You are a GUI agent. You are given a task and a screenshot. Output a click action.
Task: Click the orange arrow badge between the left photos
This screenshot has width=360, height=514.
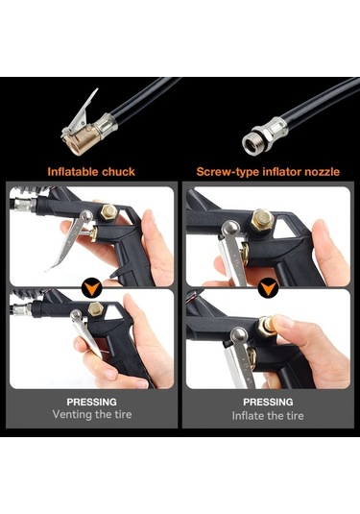coord(92,285)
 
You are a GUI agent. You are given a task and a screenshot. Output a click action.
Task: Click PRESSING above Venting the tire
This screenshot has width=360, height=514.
coord(92,401)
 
